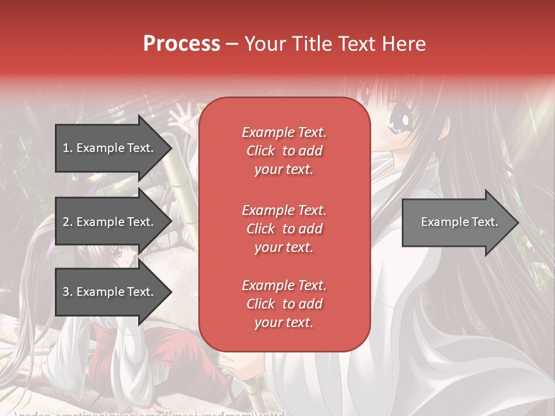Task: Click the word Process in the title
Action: click(x=182, y=44)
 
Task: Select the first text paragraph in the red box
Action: click(x=284, y=151)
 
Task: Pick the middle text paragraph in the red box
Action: click(x=284, y=229)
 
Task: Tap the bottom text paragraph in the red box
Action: click(x=284, y=304)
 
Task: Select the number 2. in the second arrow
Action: click(x=68, y=222)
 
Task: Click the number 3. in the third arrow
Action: click(x=68, y=292)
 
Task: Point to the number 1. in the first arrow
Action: click(x=68, y=148)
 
